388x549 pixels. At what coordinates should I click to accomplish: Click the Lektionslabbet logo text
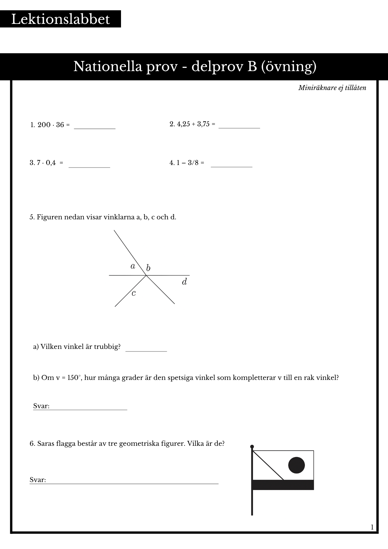click(60, 19)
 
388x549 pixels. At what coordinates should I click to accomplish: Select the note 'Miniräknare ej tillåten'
click(332, 88)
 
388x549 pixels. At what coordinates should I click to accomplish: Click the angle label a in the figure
click(133, 266)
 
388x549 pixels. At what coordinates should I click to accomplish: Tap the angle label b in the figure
click(148, 268)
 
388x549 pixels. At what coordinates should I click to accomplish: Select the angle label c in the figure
click(134, 293)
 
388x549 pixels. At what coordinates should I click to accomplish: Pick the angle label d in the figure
click(184, 282)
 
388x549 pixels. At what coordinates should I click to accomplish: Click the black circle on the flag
click(296, 465)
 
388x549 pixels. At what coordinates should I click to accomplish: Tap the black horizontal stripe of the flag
click(283, 485)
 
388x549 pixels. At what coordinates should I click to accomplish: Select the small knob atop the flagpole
click(252, 447)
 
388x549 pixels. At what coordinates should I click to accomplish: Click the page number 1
click(372, 527)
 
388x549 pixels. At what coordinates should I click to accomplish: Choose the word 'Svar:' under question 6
click(38, 480)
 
